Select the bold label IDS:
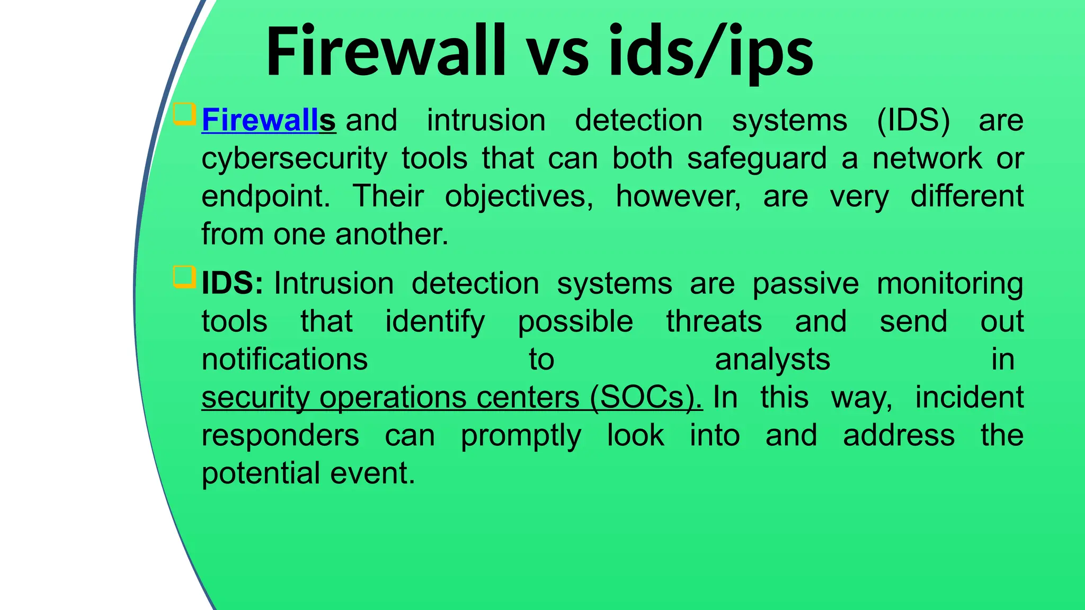point(232,283)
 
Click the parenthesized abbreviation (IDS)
point(913,121)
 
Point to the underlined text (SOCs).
point(646,397)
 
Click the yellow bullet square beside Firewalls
point(184,114)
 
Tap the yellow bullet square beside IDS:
point(184,277)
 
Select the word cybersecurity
point(294,159)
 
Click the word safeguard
point(756,158)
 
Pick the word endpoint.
point(265,197)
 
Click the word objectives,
point(519,197)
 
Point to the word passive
point(805,284)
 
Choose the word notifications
point(284,360)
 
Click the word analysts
point(772,360)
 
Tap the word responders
point(280,435)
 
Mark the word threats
point(714,321)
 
